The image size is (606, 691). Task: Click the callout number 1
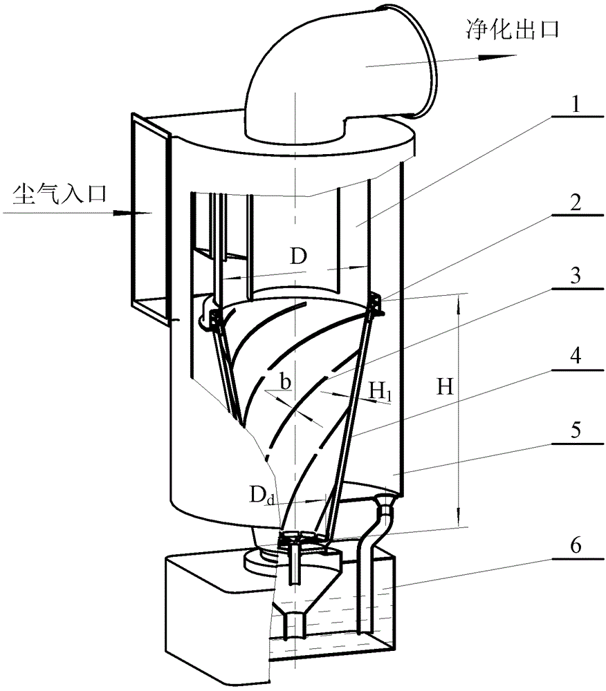(x=575, y=105)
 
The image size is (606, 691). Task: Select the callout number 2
(x=575, y=203)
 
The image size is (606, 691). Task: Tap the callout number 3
(x=575, y=276)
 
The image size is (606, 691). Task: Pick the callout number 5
(x=575, y=430)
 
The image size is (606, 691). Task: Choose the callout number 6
(x=575, y=546)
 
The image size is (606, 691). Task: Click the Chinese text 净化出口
(x=513, y=30)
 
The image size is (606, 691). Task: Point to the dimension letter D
(x=298, y=256)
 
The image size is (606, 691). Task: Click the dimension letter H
(x=445, y=387)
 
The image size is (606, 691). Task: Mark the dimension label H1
(x=380, y=391)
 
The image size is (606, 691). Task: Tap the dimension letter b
(x=285, y=381)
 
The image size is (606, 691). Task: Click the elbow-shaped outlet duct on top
(x=340, y=73)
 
